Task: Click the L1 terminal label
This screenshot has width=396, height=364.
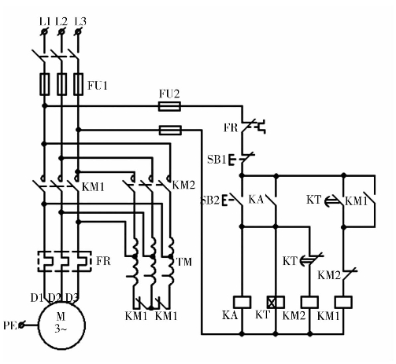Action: click(x=45, y=22)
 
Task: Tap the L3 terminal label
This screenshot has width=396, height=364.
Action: click(x=80, y=22)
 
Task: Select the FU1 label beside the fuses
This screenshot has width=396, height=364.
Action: click(x=98, y=86)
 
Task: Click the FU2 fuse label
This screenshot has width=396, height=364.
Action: click(x=169, y=94)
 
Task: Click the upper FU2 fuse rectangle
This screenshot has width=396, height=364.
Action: click(x=169, y=107)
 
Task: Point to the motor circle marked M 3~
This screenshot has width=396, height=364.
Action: click(x=62, y=325)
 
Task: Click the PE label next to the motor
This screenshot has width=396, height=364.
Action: click(x=10, y=325)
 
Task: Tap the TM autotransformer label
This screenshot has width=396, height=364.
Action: click(x=184, y=262)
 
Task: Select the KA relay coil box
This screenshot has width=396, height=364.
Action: click(x=242, y=302)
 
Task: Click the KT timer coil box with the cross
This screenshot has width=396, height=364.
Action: click(x=276, y=302)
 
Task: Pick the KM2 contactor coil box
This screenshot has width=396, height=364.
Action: click(x=309, y=302)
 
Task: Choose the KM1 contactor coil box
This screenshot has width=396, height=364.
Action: click(x=343, y=302)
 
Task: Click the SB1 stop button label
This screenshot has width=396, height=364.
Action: click(x=217, y=160)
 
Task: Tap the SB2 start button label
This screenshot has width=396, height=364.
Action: click(x=210, y=200)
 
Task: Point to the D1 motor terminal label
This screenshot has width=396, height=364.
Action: click(x=36, y=298)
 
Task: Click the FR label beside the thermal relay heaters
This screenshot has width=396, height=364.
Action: click(x=103, y=261)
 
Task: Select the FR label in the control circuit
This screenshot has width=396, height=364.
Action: click(x=231, y=128)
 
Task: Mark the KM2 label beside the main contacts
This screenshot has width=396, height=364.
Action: click(x=183, y=186)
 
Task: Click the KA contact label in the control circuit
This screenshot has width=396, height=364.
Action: click(x=256, y=200)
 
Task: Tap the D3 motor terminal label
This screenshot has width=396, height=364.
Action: click(x=72, y=298)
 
